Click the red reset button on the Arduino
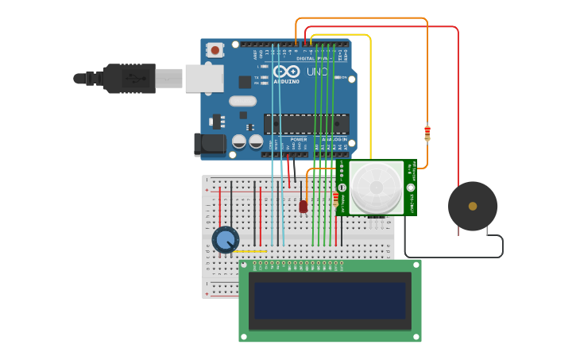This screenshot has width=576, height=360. coord(215,50)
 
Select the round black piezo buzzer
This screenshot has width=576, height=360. coord(473,207)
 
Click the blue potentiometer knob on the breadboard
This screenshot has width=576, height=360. coord(226,239)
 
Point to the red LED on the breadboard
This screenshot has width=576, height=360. coord(303,206)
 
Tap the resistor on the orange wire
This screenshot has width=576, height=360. coord(427,133)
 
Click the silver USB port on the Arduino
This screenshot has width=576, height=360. coord(204,79)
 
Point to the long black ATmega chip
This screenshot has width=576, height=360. coord(307,124)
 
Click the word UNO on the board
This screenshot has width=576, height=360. coord(317,72)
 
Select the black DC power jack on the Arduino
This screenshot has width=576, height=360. coord(210,144)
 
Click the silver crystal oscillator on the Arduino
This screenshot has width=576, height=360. coord(242,101)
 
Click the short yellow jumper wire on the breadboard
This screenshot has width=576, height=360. coord(250,252)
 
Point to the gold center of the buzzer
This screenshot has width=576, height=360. coord(473,207)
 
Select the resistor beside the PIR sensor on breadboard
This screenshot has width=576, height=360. coord(335,197)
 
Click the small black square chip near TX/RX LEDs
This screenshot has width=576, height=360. coord(245,82)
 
